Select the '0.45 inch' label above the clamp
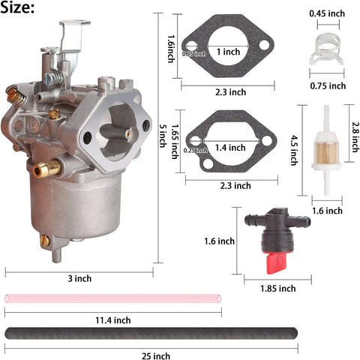click(x=328, y=13)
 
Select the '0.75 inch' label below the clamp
click(x=328, y=85)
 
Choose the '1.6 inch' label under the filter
click(x=328, y=211)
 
